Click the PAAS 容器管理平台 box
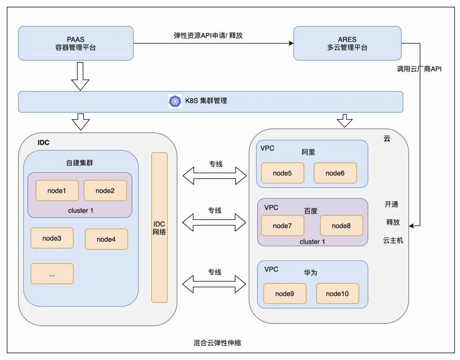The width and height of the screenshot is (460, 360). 76,43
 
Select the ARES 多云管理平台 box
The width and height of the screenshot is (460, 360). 348,43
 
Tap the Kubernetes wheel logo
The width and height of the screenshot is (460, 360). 175,101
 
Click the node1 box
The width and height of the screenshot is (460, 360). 57,191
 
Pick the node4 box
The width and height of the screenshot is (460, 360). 106,239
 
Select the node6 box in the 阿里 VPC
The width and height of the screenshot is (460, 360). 335,173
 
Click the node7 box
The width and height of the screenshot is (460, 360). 282,226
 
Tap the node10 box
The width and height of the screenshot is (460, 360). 337,294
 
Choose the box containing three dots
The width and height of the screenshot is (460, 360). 52,274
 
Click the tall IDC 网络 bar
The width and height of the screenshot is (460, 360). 159,228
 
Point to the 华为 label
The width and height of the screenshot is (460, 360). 310,273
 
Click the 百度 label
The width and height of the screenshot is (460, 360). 310,211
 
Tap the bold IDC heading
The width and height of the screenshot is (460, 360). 43,143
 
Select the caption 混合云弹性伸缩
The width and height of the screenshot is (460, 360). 217,343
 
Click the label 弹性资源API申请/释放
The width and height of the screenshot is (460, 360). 208,35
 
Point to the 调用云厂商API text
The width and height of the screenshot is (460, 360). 419,69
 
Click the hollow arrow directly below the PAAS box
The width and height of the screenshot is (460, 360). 80,76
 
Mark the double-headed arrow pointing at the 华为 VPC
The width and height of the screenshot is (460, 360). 214,284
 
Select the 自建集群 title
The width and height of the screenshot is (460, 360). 80,163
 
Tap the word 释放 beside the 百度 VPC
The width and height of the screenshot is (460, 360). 393,222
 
